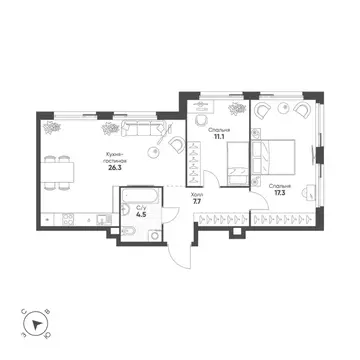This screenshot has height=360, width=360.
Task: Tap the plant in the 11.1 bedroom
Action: [x=236, y=106]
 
